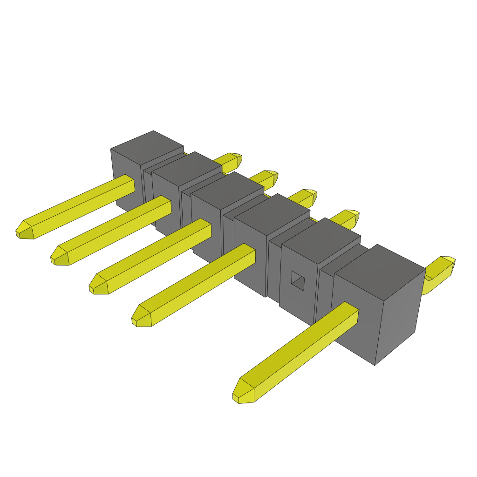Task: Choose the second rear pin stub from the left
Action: [x=266, y=178]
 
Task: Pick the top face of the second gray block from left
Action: [x=187, y=168]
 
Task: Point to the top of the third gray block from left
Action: [x=228, y=190]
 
